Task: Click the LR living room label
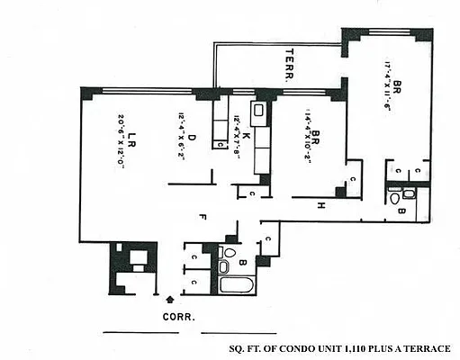tap(131, 139)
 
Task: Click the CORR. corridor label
tap(179, 316)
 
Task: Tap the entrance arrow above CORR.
tap(172, 296)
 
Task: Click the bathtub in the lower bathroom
tap(239, 287)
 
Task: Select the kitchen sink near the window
tap(257, 112)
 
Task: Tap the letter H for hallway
tap(320, 206)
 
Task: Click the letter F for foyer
tap(203, 216)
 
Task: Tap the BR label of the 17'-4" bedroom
tap(397, 89)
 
